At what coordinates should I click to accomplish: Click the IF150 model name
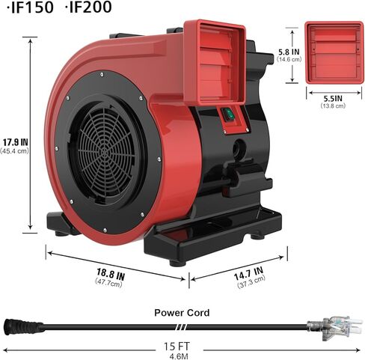tap(32, 7)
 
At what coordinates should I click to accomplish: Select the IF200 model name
tap(90, 7)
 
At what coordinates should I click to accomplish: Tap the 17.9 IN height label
tap(16, 142)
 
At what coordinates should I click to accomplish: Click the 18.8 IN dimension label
tap(111, 274)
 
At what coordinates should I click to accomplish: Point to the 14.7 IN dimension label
tap(248, 273)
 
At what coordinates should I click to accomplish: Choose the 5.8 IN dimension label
tap(289, 52)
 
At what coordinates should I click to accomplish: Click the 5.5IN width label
tap(333, 98)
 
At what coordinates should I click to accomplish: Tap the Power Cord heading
tap(182, 313)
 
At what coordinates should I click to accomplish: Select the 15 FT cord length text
tap(177, 347)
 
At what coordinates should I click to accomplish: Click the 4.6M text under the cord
tap(179, 356)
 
